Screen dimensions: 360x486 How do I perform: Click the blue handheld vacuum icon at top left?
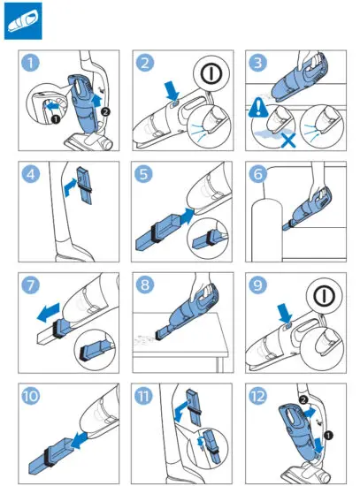pos(23,21)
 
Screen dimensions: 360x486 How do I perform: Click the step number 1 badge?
pos(30,63)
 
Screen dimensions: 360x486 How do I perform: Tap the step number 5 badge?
pos(143,174)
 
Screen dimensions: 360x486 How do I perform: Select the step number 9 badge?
pos(257,285)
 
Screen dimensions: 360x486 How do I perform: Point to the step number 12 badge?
pos(257,396)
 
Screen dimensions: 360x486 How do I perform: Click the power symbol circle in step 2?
pos(211,73)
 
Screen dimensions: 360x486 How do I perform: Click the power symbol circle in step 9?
pos(325,296)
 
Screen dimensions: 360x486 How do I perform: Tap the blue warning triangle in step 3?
pos(258,107)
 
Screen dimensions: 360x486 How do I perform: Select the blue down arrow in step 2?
pos(172,90)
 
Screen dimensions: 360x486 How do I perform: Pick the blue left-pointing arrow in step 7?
pos(48,313)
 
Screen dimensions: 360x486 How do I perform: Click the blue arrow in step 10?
pos(79,440)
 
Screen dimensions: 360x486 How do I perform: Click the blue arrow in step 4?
pos(71,187)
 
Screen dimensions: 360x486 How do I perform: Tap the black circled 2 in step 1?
pos(106,111)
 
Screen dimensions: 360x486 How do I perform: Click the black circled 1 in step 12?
pos(328,436)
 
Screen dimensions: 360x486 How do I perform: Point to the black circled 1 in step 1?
pos(55,119)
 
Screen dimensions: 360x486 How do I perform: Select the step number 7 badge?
pos(30,285)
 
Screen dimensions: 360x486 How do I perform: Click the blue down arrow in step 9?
pos(285,314)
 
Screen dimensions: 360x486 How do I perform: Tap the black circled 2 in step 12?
pos(303,399)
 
